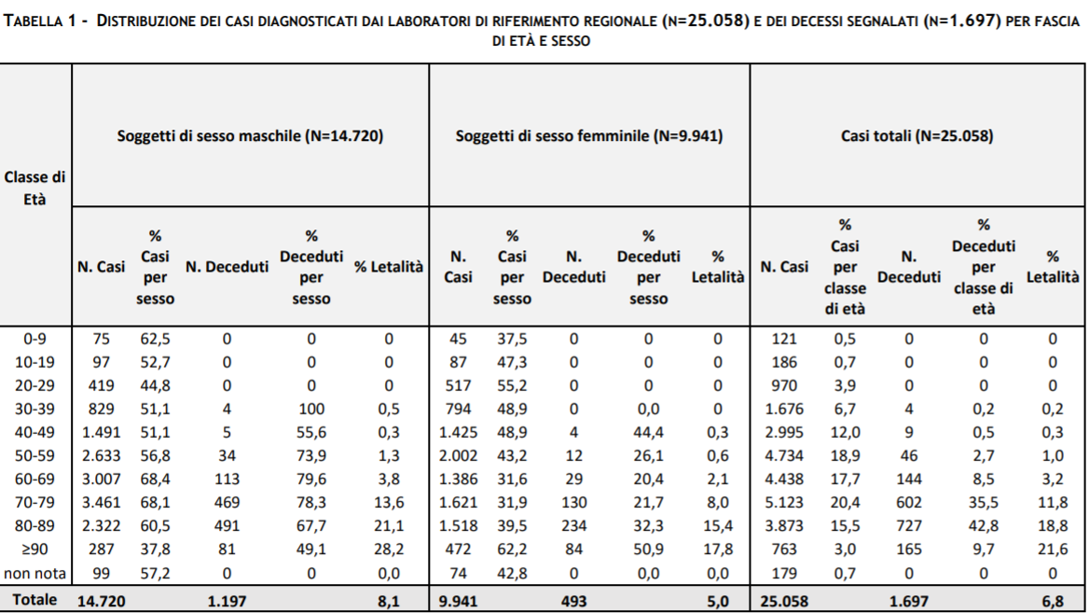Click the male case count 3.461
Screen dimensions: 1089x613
(x=102, y=503)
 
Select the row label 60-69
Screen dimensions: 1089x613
(x=34, y=479)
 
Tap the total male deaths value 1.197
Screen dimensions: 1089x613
(x=227, y=601)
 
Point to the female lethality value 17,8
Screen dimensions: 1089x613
(x=717, y=550)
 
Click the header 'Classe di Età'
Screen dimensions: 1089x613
(x=34, y=188)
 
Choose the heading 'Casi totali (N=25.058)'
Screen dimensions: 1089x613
(x=917, y=135)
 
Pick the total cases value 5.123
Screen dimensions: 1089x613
(x=784, y=503)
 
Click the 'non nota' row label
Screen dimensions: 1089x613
(x=34, y=574)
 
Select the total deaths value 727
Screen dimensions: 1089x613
(x=908, y=526)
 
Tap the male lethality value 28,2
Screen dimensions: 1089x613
(x=388, y=550)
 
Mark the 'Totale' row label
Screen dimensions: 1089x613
(x=34, y=600)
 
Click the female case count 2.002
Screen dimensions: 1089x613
(x=458, y=456)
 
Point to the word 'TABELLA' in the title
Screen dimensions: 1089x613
(x=34, y=21)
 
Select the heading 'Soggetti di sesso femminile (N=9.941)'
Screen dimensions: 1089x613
(x=589, y=135)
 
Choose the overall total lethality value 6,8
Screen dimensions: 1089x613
(x=1053, y=601)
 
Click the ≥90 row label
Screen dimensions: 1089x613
(x=34, y=550)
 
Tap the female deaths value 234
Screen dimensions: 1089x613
(x=573, y=526)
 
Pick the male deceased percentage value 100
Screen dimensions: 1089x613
(x=311, y=410)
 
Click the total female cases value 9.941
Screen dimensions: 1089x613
(x=458, y=601)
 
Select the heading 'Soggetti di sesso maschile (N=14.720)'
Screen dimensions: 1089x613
(x=250, y=135)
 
